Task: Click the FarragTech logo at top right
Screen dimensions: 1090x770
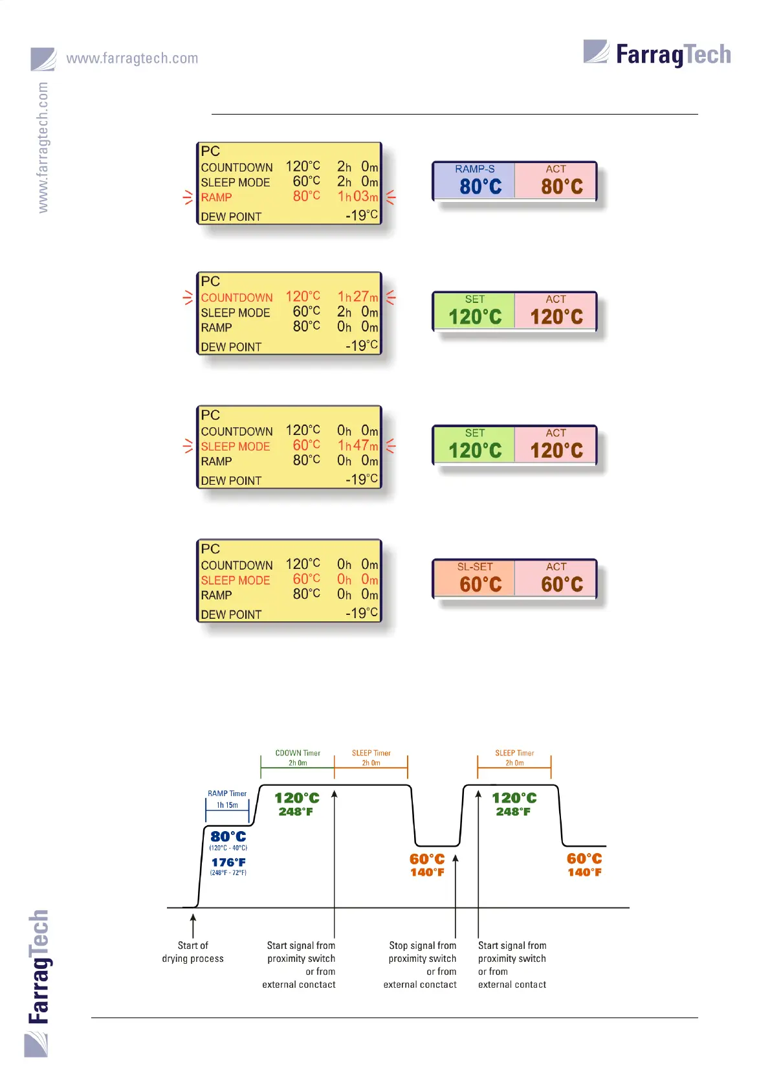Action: pyautogui.click(x=657, y=54)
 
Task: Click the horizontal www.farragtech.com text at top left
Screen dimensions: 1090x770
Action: pyautogui.click(x=132, y=58)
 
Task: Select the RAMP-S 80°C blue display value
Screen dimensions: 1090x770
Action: pyautogui.click(x=480, y=187)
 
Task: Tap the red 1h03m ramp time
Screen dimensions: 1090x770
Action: pyautogui.click(x=358, y=197)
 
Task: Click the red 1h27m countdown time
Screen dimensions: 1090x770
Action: pyautogui.click(x=358, y=297)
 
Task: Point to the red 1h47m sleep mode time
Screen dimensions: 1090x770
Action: pyautogui.click(x=358, y=446)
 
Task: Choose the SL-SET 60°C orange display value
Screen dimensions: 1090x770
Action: pyautogui.click(x=480, y=584)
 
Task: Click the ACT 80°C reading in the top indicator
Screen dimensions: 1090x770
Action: pyautogui.click(x=562, y=187)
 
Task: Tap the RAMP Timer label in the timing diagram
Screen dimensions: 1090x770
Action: pyautogui.click(x=227, y=794)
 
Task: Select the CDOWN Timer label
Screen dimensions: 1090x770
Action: pyautogui.click(x=298, y=753)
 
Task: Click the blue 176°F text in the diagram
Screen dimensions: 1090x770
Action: pyautogui.click(x=228, y=863)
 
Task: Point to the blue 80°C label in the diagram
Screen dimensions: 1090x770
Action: pyautogui.click(x=228, y=837)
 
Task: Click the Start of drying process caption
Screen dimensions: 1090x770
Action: pyautogui.click(x=193, y=952)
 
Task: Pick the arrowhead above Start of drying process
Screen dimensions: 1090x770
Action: pyautogui.click(x=193, y=917)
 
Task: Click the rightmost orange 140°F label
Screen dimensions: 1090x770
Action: pyautogui.click(x=584, y=873)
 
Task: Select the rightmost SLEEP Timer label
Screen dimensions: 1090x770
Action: pyautogui.click(x=514, y=753)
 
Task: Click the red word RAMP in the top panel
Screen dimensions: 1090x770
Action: pyautogui.click(x=216, y=197)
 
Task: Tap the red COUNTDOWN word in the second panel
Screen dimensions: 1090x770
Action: pyautogui.click(x=237, y=298)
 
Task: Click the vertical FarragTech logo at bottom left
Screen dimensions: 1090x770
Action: pyautogui.click(x=39, y=968)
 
